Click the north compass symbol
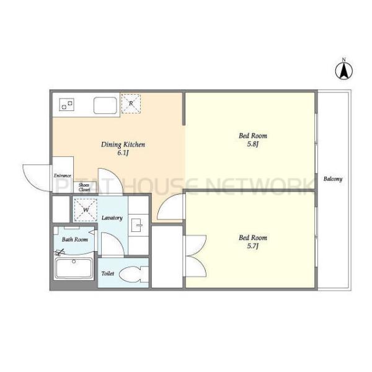click(x=343, y=69)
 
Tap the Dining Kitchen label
click(x=123, y=144)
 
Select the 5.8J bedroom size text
click(x=253, y=144)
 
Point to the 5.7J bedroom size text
click(x=253, y=246)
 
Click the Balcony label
click(x=333, y=179)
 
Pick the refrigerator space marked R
click(x=131, y=104)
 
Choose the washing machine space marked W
click(x=86, y=210)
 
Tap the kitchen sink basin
click(x=105, y=105)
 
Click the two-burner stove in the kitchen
click(x=67, y=105)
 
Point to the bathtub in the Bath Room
click(x=74, y=268)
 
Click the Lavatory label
click(x=112, y=218)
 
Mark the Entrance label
click(x=63, y=175)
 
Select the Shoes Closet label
click(x=84, y=187)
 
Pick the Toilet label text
click(x=108, y=273)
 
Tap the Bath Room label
click(x=75, y=239)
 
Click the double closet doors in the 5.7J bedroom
click(x=196, y=255)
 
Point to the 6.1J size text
click(x=123, y=153)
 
